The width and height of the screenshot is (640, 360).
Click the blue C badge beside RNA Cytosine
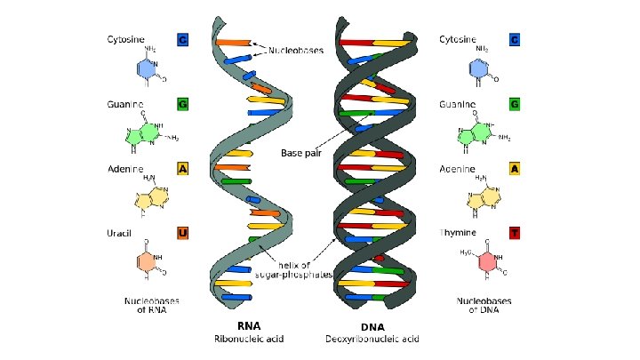point(182,40)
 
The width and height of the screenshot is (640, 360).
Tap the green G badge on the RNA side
point(182,105)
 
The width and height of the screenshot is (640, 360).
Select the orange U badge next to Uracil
point(182,234)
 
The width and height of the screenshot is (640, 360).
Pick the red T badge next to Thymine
point(514,234)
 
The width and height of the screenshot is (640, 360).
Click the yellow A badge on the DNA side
point(514,169)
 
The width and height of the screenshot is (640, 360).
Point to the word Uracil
point(120,234)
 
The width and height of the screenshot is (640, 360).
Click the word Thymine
point(458,234)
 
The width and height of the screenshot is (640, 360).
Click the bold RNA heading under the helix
point(249,325)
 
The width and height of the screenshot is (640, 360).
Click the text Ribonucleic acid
point(249,339)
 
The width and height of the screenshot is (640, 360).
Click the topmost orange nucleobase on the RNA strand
point(232,43)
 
